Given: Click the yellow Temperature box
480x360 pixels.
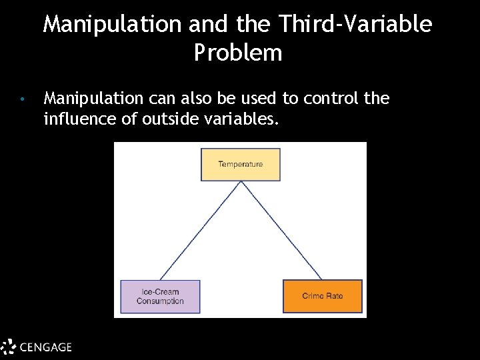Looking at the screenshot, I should point(241,165).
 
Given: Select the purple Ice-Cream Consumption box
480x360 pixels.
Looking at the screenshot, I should point(160,297).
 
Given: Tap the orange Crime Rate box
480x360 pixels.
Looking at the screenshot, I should point(323,297).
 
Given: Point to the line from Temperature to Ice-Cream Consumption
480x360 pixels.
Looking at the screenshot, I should point(200,230).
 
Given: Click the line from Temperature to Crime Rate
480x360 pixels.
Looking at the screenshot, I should point(281,230).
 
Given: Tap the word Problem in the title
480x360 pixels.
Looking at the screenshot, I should point(238,53).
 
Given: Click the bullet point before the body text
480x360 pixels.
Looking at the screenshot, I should point(22,100).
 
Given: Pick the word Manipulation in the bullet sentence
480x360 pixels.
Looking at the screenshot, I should point(93,99).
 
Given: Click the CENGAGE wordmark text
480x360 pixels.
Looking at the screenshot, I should point(45,347).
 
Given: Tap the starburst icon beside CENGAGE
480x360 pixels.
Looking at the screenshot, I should point(8,347).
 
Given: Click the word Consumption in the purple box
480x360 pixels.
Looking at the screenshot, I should point(160,301).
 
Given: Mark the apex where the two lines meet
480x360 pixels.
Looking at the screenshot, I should point(241,181).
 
